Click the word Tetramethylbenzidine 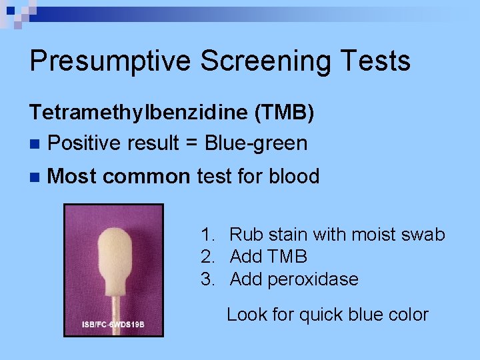click(138, 113)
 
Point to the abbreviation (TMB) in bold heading click(283, 113)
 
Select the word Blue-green click(256, 143)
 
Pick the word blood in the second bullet click(294, 177)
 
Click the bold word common click(147, 177)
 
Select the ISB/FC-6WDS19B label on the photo click(113, 325)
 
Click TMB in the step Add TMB click(287, 257)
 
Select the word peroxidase click(313, 279)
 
